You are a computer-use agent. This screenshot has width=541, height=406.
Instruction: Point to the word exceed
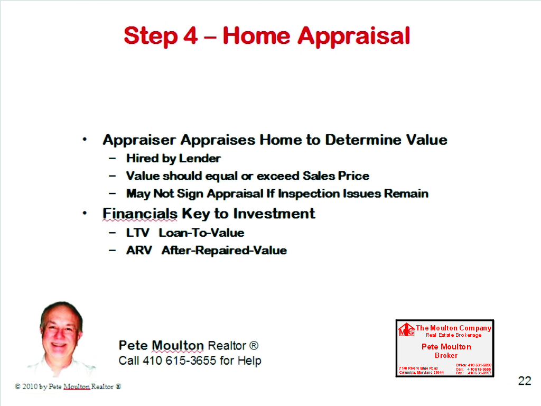point(278,176)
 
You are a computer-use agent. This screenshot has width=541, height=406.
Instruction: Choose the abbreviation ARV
point(139,250)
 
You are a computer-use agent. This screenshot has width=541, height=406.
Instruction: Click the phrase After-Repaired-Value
point(224,250)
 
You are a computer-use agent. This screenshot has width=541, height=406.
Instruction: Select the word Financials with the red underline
point(140,214)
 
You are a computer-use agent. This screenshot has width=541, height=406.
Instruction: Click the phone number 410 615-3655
point(182,361)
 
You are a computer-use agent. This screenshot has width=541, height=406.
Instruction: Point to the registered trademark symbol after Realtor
point(254,346)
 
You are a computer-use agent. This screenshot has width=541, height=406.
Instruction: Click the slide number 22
point(524,381)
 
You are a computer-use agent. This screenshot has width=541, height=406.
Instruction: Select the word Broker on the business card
point(446,355)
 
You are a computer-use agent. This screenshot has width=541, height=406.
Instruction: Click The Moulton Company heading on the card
point(453,328)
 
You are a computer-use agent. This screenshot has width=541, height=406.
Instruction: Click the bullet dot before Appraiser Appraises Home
point(85,140)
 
